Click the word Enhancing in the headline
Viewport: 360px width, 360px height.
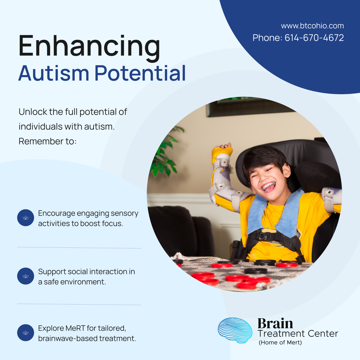tap(89, 46)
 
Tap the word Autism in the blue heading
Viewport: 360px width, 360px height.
tap(54, 73)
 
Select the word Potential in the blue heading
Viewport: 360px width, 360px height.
tap(140, 73)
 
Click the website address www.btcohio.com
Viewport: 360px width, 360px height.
tap(312, 26)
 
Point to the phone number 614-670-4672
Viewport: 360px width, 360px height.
tap(314, 38)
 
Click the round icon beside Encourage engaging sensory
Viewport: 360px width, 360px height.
tap(25, 218)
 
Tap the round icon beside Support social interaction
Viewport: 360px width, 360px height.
tap(25, 276)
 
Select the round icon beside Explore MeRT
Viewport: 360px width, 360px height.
tap(25, 333)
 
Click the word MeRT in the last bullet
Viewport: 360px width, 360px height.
tap(75, 328)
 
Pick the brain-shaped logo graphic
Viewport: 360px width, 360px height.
tap(235, 330)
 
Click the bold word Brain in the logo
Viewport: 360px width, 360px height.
tap(275, 323)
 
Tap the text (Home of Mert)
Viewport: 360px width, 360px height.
tap(280, 343)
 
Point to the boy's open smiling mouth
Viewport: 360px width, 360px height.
tap(268, 187)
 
